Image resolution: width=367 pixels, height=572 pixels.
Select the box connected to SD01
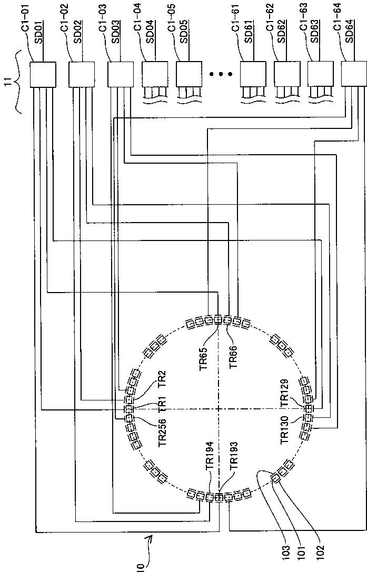click(42, 74)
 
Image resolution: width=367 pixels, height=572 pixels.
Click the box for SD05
click(188, 74)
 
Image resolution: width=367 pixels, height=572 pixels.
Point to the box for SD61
click(252, 74)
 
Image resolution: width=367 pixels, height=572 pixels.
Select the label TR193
click(234, 457)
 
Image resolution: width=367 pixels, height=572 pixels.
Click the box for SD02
click(82, 74)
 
